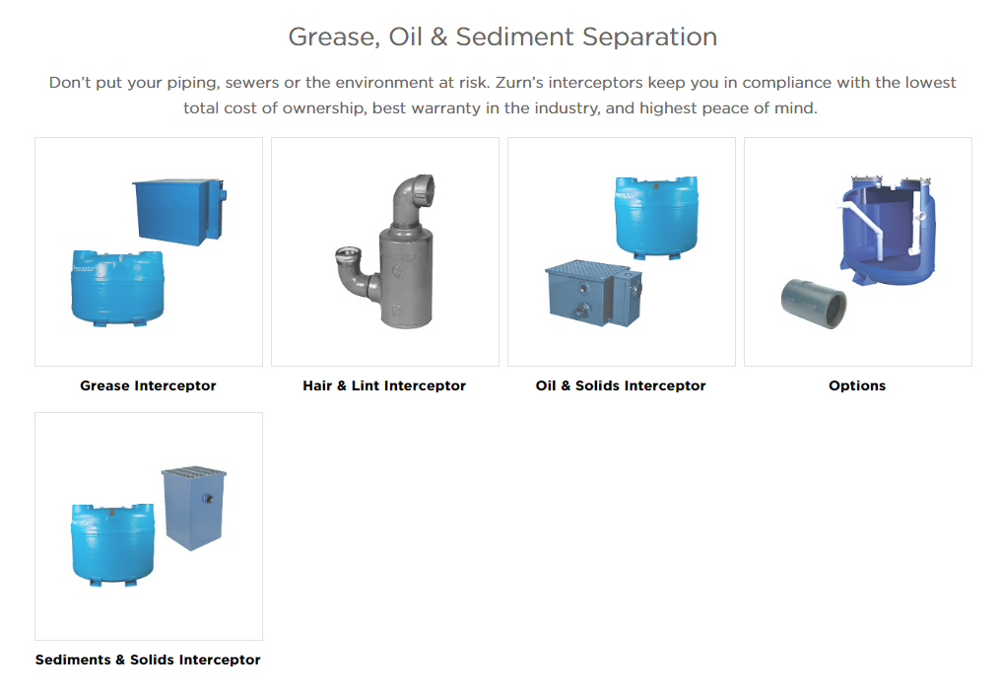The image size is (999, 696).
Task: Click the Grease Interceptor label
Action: [148, 385]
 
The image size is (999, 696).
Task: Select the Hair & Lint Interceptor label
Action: [384, 385]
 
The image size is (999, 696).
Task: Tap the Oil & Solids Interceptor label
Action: [621, 385]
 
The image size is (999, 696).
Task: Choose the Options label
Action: [857, 385]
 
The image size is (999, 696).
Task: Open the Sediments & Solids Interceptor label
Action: [148, 660]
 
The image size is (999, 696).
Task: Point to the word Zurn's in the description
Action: [518, 83]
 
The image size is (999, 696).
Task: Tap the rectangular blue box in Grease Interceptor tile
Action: [179, 212]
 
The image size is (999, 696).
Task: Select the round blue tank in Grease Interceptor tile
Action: [117, 288]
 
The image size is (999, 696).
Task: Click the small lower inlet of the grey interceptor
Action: [347, 255]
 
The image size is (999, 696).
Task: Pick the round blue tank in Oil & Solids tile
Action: [657, 217]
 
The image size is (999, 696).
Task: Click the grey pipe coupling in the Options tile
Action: [814, 304]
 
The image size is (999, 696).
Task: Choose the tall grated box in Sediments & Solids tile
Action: [194, 508]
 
